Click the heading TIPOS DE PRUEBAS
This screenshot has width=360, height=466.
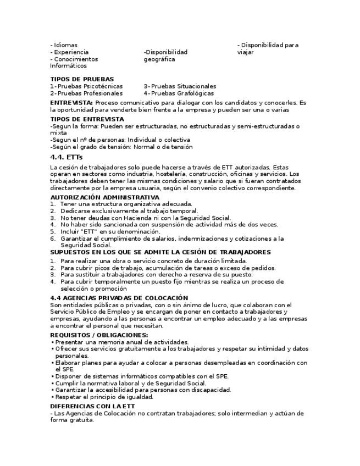tap(82, 79)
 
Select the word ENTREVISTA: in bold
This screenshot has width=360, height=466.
tap(71, 103)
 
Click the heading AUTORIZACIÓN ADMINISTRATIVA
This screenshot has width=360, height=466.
tap(105, 197)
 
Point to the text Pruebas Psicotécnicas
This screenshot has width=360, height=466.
tap(90, 86)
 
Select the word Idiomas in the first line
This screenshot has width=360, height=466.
tap(65, 45)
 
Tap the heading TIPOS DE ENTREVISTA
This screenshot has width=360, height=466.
tap(87, 119)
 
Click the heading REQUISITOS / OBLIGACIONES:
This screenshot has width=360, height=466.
tap(99, 335)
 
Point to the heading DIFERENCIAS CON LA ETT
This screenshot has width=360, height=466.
tap(92, 406)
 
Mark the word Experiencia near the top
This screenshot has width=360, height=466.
tap(71, 52)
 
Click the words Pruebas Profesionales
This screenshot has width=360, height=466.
tap(90, 93)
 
